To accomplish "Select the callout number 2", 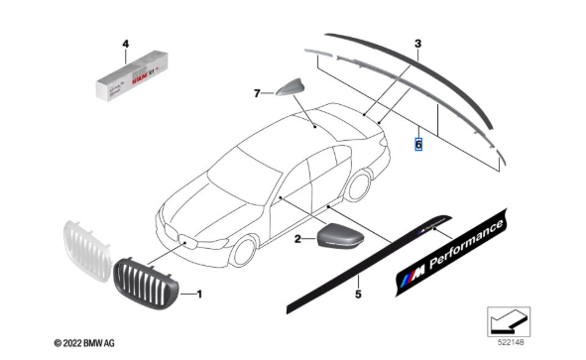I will (x=297, y=239).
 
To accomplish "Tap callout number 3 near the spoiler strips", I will (x=417, y=45).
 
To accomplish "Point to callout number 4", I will (x=125, y=44).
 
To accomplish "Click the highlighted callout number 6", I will (x=418, y=145).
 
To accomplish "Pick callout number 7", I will (x=255, y=94).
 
